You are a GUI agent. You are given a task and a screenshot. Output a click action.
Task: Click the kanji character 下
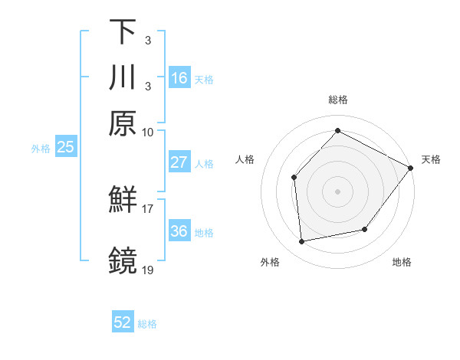point(123,32)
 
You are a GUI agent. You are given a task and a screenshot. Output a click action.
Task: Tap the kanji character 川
point(123,77)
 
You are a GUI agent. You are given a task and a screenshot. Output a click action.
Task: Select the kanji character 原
point(123,123)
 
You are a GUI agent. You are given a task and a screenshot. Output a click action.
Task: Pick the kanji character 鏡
point(123,260)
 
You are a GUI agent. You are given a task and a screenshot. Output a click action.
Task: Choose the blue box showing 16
point(179,78)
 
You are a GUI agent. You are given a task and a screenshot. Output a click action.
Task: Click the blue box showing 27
point(179,162)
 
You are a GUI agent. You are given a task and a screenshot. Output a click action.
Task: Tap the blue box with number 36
point(179,231)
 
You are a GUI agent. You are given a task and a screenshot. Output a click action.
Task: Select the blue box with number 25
point(65,147)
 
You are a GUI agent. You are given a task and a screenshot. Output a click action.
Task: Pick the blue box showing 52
point(123,323)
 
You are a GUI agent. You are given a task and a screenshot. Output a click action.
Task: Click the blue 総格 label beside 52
point(147,324)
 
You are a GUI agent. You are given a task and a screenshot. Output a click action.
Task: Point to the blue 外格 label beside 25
point(40,148)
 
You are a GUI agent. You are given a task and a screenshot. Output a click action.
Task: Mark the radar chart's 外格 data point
point(302,242)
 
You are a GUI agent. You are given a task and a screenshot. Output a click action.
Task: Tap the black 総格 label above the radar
point(337,100)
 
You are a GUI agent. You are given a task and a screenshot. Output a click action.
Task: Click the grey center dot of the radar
point(337,191)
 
